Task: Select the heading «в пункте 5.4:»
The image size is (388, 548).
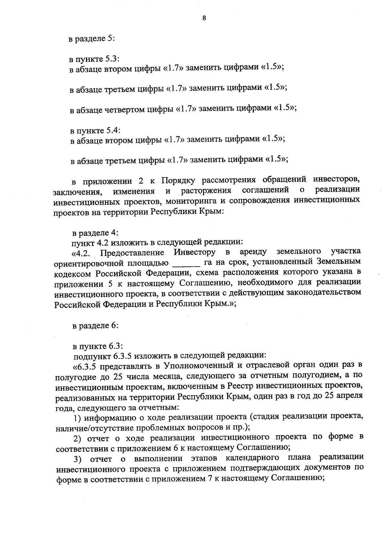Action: pyautogui.click(x=95, y=131)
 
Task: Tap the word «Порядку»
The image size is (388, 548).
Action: pyautogui.click(x=178, y=180)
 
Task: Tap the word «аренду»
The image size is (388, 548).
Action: pyautogui.click(x=253, y=252)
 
